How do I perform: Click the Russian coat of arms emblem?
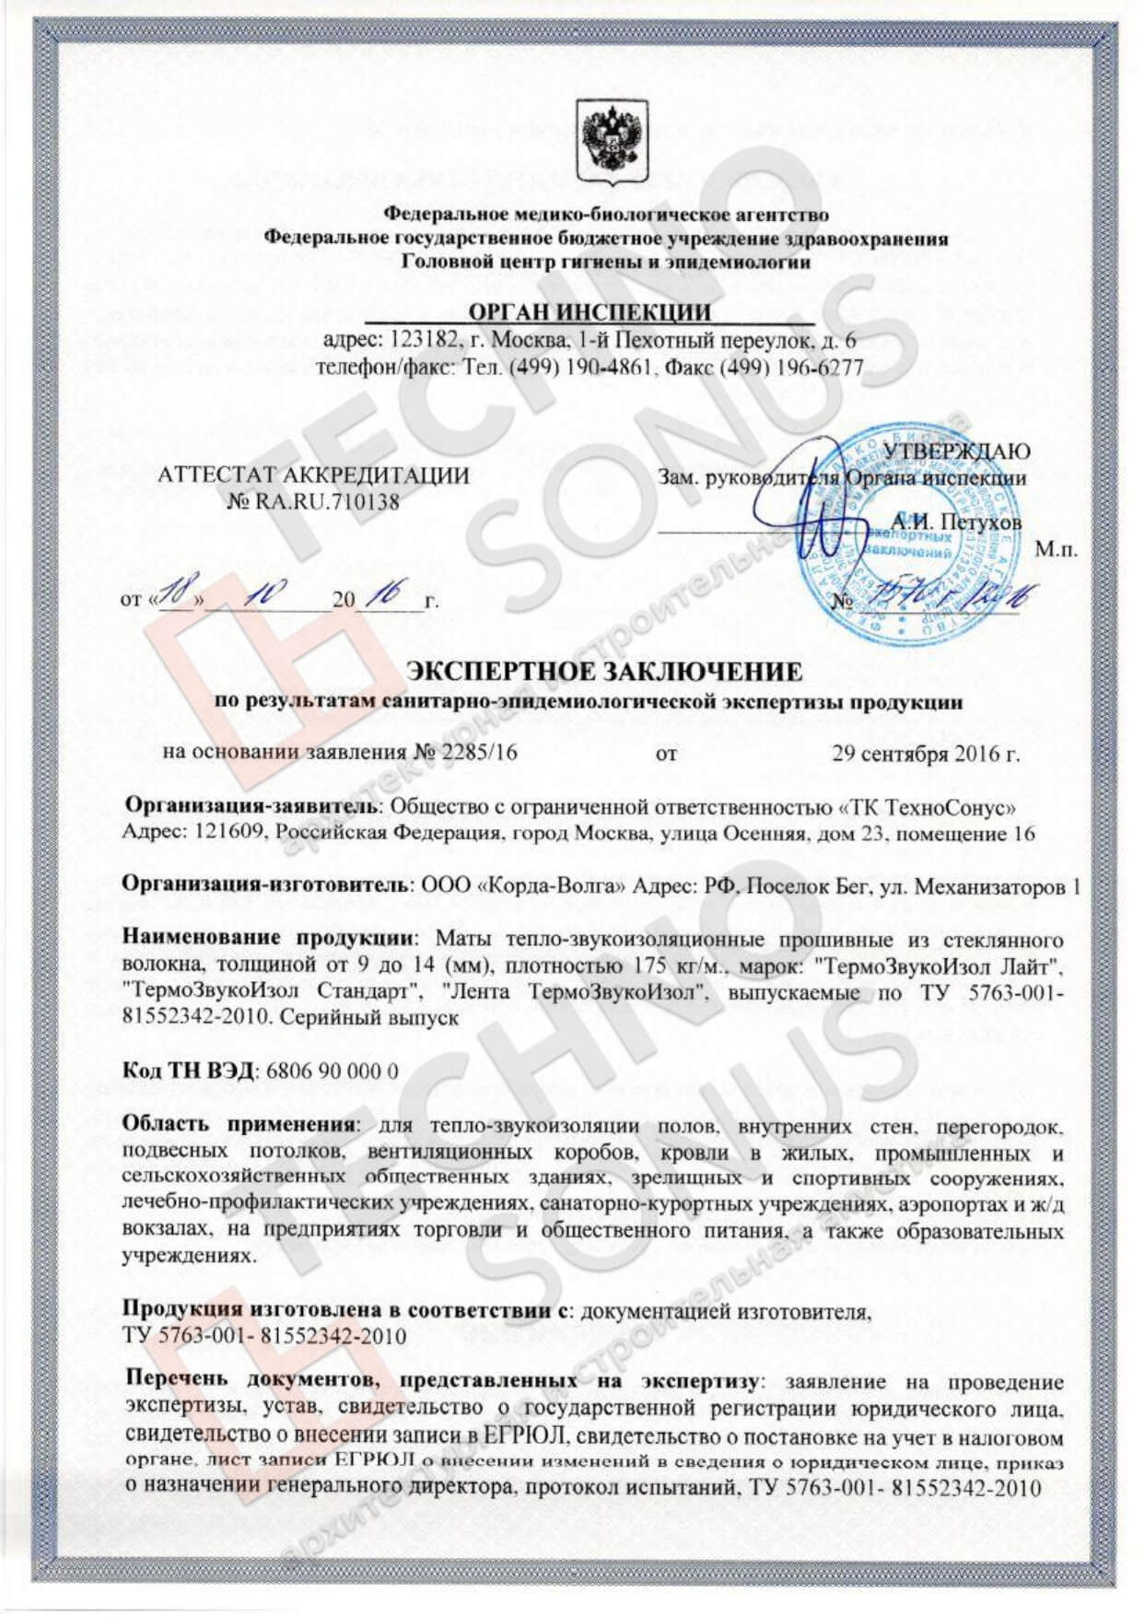click(604, 143)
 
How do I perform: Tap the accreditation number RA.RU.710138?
click(325, 502)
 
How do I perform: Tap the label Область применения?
click(239, 1127)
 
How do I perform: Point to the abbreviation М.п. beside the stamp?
click(1056, 550)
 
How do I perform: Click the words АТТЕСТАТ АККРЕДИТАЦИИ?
click(313, 475)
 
